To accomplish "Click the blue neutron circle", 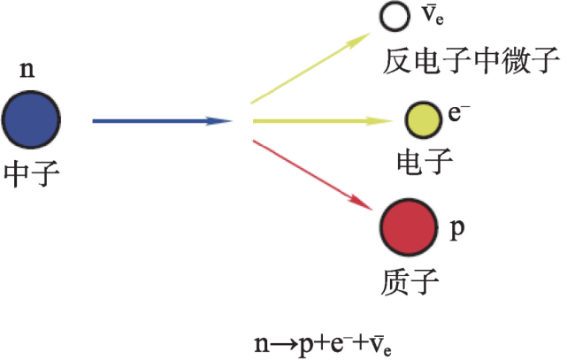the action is [x=31, y=119].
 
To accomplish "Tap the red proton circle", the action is [x=409, y=227].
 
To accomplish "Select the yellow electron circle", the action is [x=423, y=120].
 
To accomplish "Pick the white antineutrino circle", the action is [x=395, y=16].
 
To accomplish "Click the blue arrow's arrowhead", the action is [x=218, y=121].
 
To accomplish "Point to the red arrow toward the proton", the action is [x=312, y=175].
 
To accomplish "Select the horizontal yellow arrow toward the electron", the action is [x=323, y=120].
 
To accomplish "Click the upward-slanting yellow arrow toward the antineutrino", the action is [x=310, y=68].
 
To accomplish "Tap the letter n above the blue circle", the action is [x=27, y=69].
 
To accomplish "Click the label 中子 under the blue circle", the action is [x=32, y=173].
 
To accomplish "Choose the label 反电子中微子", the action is [x=471, y=61].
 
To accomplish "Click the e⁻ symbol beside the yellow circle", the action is [x=458, y=112].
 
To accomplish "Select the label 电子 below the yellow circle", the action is [x=425, y=162].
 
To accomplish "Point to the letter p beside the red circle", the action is [x=457, y=229].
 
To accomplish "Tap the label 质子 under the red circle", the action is [x=410, y=281].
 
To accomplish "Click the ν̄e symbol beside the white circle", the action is [x=433, y=15].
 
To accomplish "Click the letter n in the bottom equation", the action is [x=262, y=344].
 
